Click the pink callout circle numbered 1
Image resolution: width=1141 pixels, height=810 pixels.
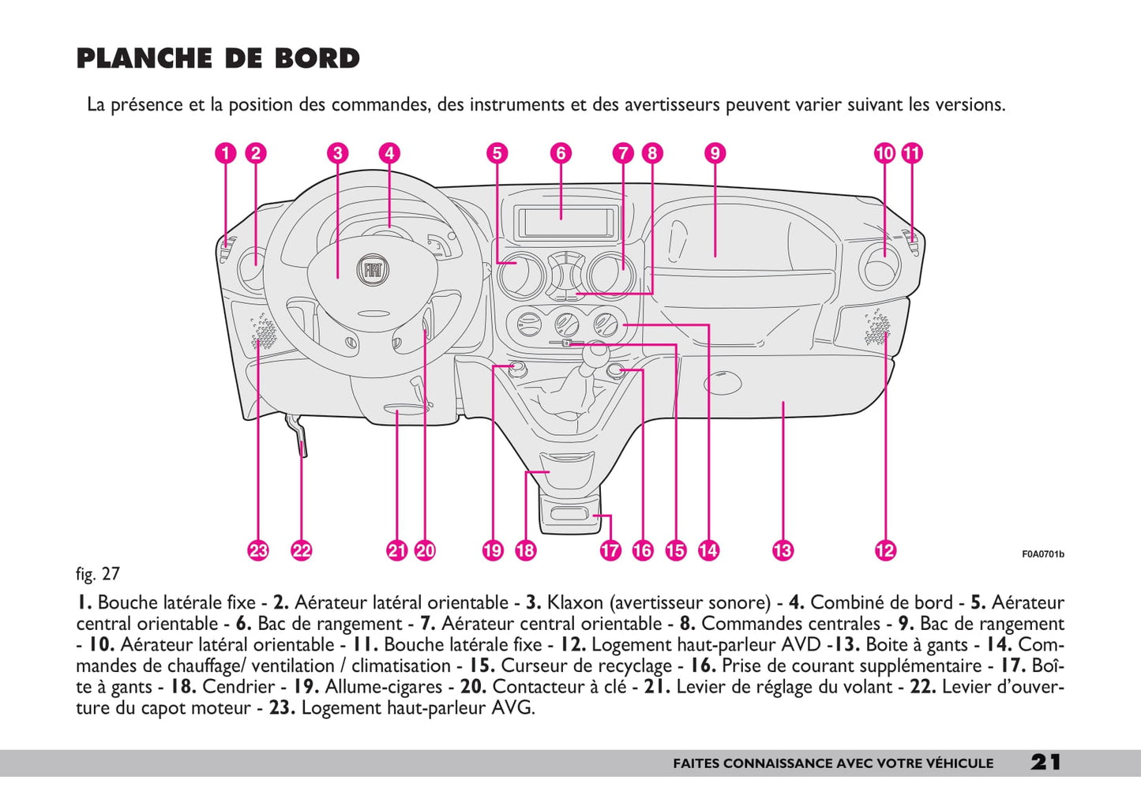point(226,153)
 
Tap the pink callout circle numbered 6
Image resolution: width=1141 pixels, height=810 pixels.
point(561,153)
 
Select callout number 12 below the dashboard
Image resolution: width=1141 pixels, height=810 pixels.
point(885,550)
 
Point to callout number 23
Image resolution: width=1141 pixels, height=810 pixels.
point(258,550)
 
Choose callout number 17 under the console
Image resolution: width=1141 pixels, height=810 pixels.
point(610,550)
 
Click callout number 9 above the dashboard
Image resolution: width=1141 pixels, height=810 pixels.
point(714,153)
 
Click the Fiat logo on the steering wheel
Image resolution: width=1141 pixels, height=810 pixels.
point(372,269)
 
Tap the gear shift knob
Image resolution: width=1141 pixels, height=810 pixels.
point(594,351)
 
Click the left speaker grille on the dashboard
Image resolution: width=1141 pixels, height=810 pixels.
point(263,334)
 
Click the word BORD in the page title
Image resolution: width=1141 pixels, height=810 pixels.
point(317,58)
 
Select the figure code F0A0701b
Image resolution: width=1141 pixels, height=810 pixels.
point(1042,554)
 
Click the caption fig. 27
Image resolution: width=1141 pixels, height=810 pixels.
point(98,574)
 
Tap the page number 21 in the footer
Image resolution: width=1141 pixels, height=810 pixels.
point(1045,762)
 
